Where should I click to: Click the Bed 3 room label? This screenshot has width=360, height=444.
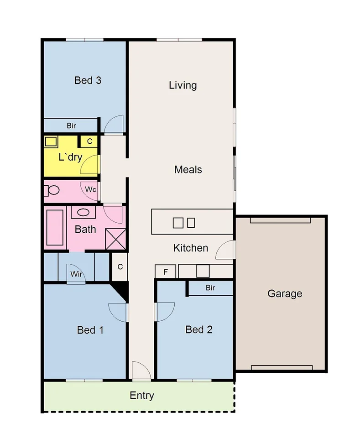click(x=88, y=81)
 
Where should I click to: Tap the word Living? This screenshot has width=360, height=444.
click(x=183, y=85)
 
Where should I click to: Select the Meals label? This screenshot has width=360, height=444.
click(x=188, y=170)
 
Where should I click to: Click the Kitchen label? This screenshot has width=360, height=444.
click(x=191, y=248)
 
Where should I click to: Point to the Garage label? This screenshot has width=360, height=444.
click(x=285, y=293)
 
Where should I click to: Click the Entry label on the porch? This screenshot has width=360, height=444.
click(x=142, y=396)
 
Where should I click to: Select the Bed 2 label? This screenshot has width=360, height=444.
click(x=199, y=329)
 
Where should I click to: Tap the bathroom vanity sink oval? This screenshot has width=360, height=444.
click(x=83, y=212)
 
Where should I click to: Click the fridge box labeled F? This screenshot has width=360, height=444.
click(x=166, y=272)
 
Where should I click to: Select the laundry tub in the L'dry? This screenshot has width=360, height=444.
click(x=50, y=141)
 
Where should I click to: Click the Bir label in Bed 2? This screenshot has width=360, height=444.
click(x=210, y=288)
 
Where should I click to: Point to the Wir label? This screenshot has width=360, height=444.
click(x=76, y=274)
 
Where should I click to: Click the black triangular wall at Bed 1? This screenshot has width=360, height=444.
click(x=120, y=289)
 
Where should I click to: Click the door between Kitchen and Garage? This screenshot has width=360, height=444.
click(x=225, y=251)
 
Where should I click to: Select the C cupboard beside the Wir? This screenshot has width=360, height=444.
click(x=120, y=267)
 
